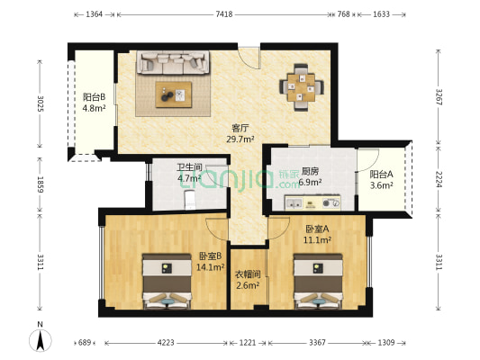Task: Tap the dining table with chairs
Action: (x=301, y=85)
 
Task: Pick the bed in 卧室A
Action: (x=318, y=281)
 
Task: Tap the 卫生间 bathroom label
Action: (x=188, y=166)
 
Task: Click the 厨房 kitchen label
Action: (x=312, y=171)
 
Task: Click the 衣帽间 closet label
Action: (x=248, y=274)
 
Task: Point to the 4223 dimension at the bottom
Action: (x=166, y=343)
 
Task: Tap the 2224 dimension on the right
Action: (x=439, y=179)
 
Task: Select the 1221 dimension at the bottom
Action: (x=248, y=343)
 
